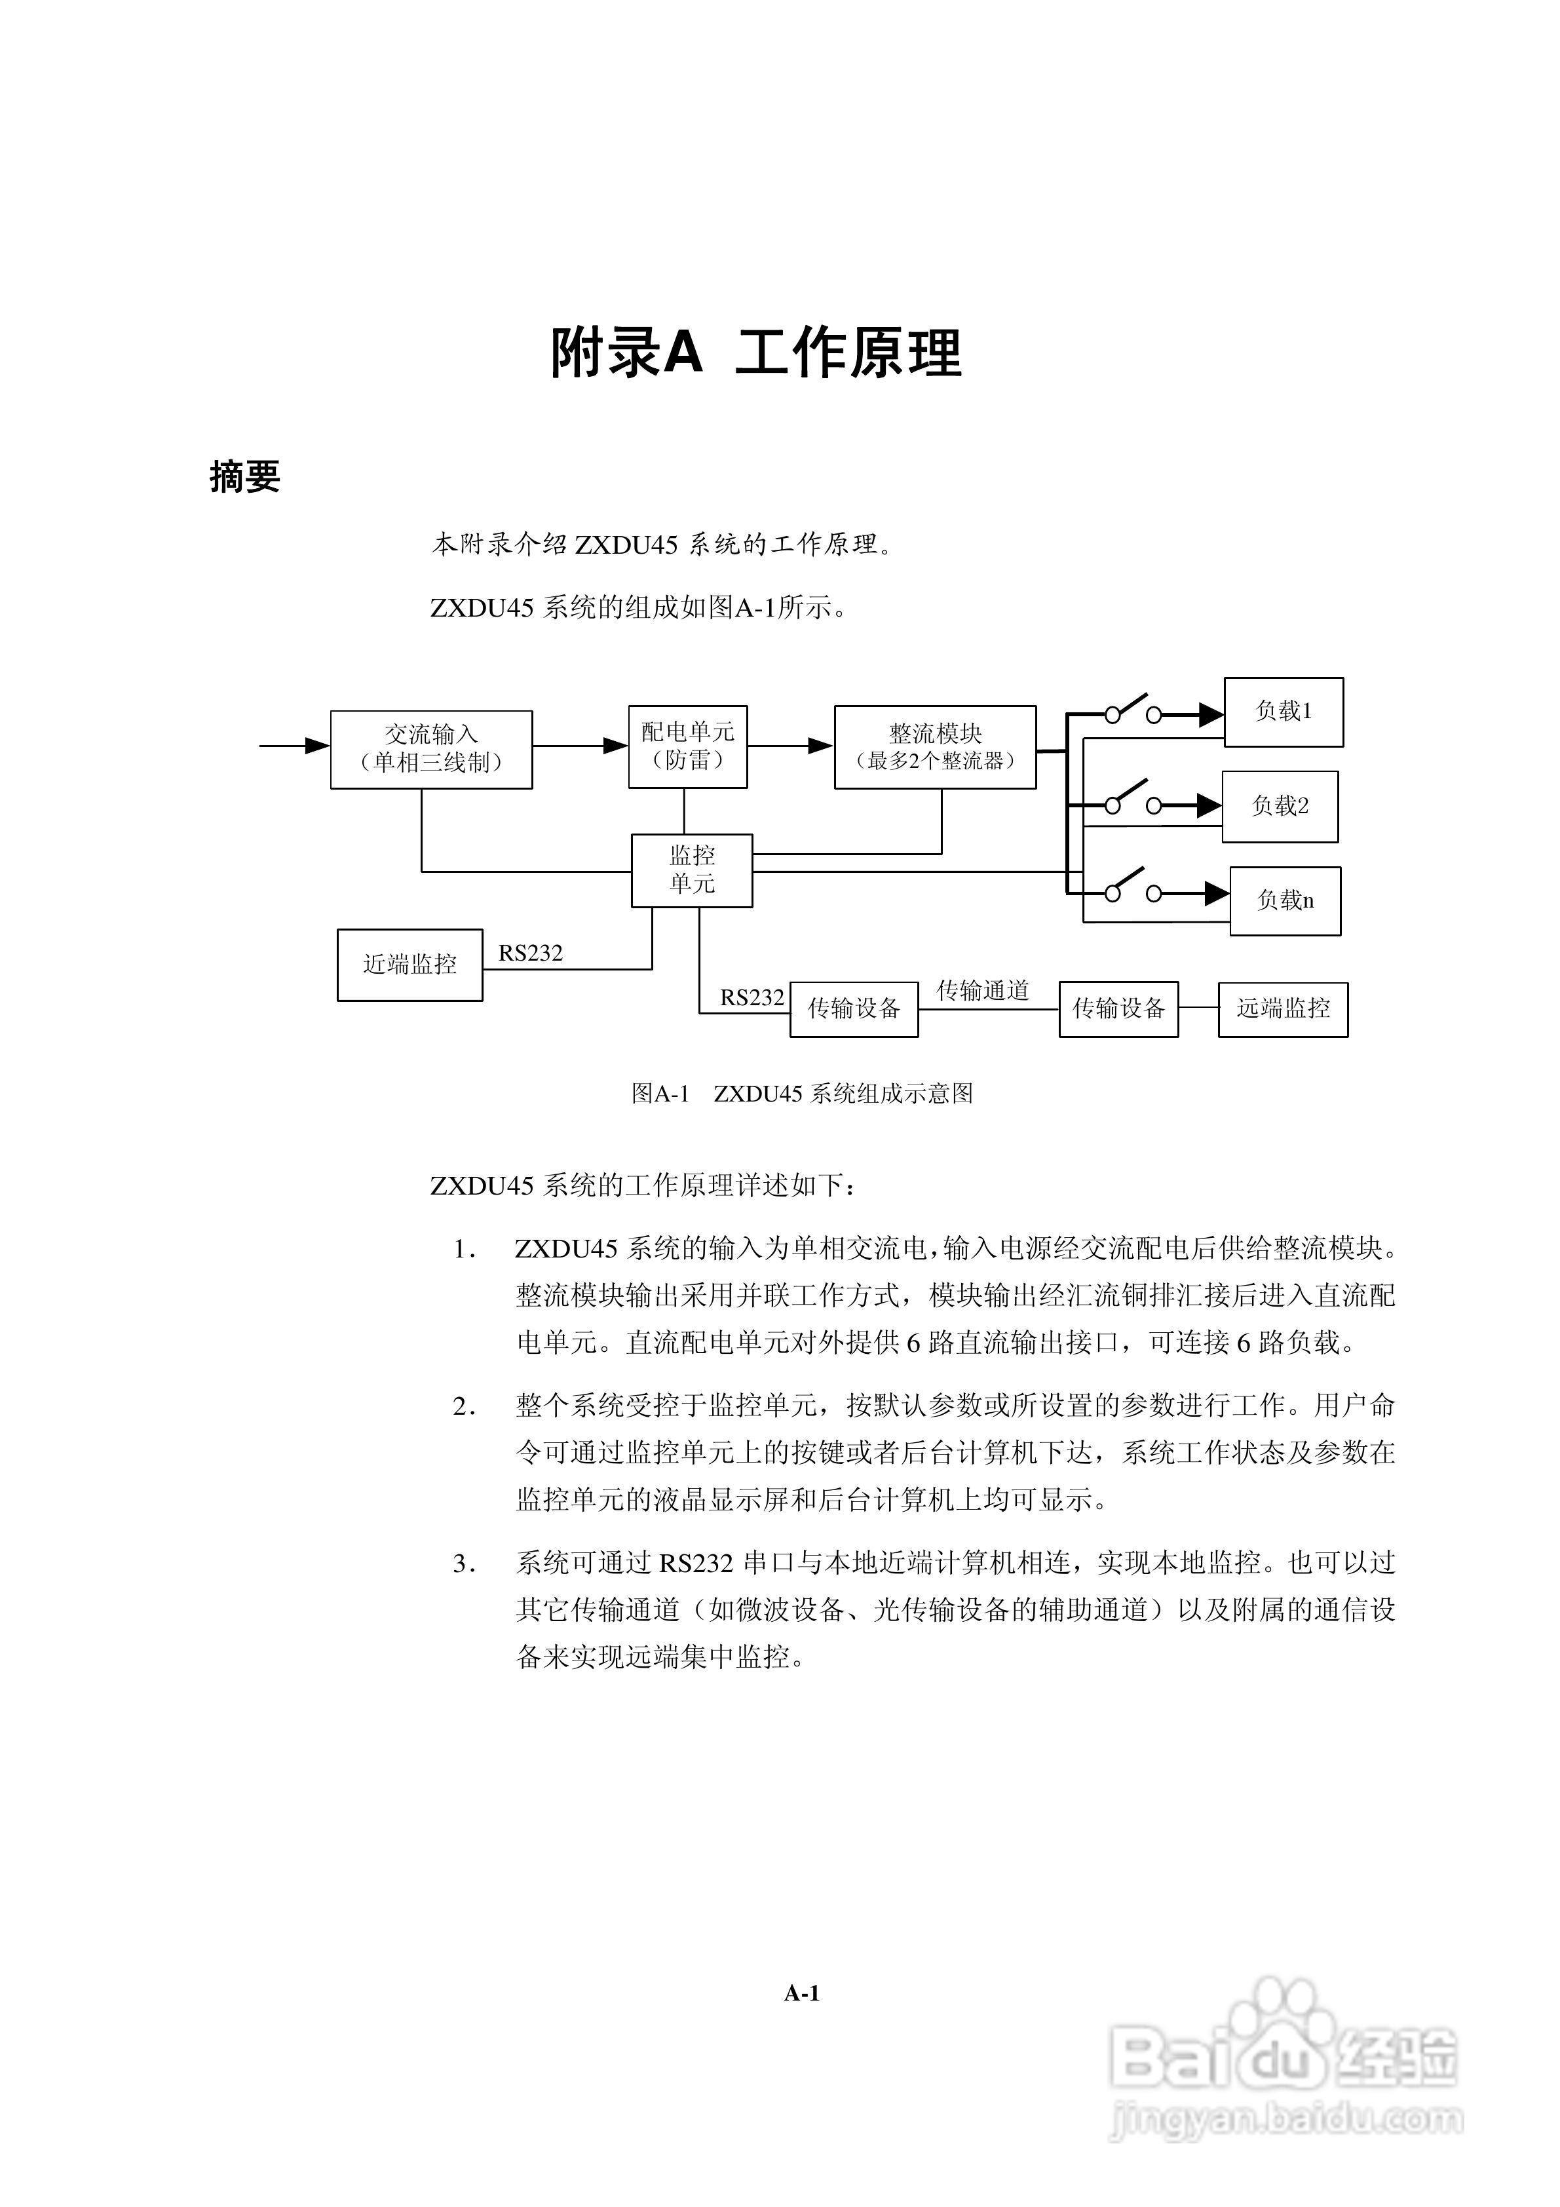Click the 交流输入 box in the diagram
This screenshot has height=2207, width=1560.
click(432, 750)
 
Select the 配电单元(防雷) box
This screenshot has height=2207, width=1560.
click(688, 747)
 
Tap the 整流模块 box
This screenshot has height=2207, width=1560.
click(935, 747)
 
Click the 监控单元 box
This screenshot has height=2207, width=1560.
click(692, 871)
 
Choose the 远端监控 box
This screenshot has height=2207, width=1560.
click(1283, 1009)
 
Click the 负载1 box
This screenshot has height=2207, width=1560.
click(1283, 712)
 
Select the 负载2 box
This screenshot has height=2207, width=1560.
click(1280, 807)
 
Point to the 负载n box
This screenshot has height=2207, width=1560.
click(1285, 900)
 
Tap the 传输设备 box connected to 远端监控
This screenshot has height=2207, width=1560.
click(1119, 1009)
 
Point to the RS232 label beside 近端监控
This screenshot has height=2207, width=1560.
click(531, 953)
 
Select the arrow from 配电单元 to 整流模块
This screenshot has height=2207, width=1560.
click(791, 745)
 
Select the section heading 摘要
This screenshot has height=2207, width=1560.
click(245, 477)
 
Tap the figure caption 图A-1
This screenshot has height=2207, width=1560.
click(660, 1094)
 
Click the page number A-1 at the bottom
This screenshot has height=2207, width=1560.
click(802, 1995)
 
